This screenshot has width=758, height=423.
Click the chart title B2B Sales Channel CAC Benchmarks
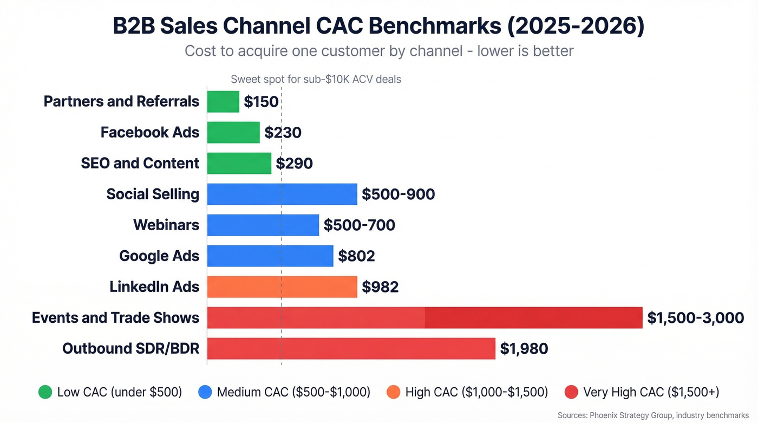[x=378, y=27]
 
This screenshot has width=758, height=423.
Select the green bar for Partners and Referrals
[x=223, y=102]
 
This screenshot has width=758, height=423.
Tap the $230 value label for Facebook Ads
[x=283, y=133]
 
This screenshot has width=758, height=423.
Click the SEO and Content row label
[x=140, y=164]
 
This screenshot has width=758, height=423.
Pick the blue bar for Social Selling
[x=282, y=194]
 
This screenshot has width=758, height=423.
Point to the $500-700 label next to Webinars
[x=359, y=225]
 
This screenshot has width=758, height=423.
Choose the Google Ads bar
[x=270, y=256]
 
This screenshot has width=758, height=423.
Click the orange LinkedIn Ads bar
[x=282, y=287]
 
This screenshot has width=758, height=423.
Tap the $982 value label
[x=380, y=287]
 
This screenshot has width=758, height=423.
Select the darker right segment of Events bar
[x=533, y=318]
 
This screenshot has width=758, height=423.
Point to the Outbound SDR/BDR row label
[x=130, y=349]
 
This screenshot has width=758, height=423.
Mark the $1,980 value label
[x=524, y=349]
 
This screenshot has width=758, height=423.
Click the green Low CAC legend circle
[x=45, y=392]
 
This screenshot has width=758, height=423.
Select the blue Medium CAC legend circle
[x=205, y=392]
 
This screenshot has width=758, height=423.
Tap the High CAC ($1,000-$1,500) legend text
[x=476, y=392]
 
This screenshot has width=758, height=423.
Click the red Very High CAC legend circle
[x=571, y=392]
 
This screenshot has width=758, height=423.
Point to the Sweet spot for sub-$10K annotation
[x=316, y=80]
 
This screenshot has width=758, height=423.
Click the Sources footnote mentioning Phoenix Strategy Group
[x=652, y=415]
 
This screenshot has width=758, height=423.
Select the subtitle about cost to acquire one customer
[x=378, y=51]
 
